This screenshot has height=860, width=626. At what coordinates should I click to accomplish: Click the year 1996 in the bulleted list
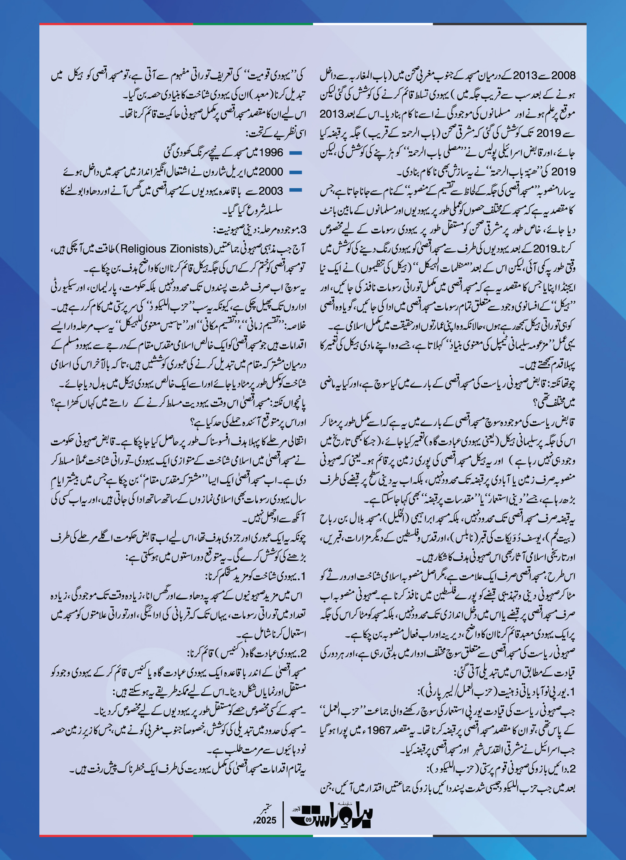click(271, 152)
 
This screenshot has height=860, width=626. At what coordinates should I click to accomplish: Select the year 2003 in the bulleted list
click(271, 191)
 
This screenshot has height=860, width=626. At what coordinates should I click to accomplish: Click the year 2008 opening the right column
click(563, 76)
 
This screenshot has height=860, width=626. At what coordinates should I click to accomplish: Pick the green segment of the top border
click(253, 24)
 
